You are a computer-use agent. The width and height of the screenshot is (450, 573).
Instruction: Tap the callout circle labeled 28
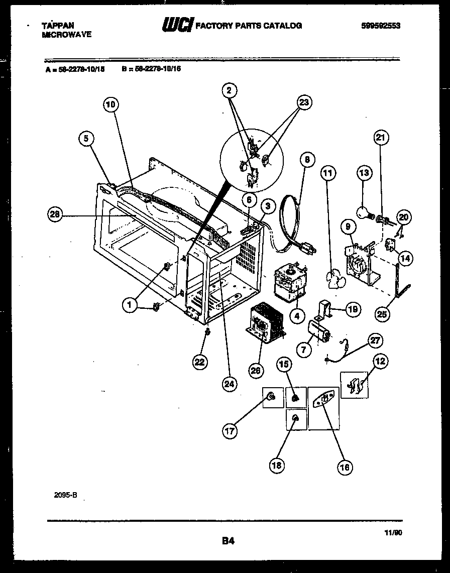click(55, 214)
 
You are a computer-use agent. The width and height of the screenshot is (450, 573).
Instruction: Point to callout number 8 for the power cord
click(307, 160)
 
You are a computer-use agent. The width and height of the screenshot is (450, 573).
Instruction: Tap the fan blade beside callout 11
click(334, 279)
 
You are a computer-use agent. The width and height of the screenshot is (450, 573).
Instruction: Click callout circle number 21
click(382, 138)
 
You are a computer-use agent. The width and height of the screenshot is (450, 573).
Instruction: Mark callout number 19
click(353, 309)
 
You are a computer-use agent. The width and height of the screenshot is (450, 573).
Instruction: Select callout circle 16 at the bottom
click(345, 467)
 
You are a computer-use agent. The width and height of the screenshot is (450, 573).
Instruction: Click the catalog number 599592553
click(380, 26)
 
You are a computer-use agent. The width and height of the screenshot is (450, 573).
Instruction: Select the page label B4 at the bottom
click(228, 541)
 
